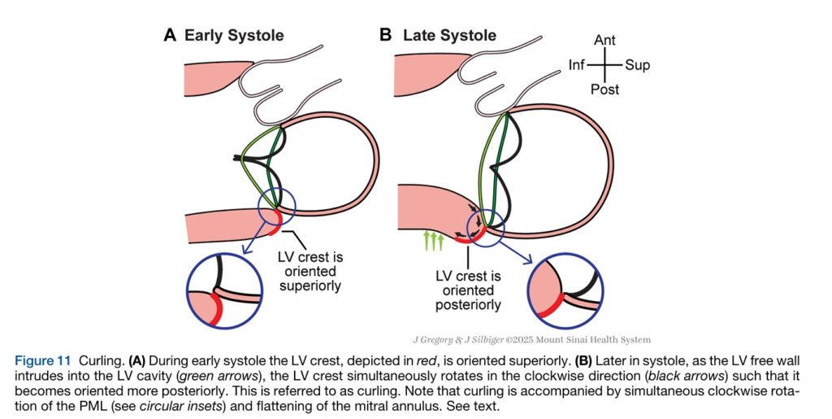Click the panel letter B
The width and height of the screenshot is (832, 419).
(x=386, y=35)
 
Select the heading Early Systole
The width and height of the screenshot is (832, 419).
(x=233, y=35)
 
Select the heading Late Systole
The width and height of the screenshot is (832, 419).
(x=449, y=35)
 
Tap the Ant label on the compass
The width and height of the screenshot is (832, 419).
(x=604, y=40)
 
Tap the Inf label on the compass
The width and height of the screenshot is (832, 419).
(x=577, y=65)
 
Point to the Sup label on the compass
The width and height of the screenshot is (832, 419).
(x=637, y=65)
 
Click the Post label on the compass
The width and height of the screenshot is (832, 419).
(x=605, y=89)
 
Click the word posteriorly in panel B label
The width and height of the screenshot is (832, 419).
(x=467, y=305)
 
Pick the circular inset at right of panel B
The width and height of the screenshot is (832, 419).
(x=565, y=290)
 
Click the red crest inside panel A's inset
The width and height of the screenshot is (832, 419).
(x=213, y=310)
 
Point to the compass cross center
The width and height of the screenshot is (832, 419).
(x=605, y=65)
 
